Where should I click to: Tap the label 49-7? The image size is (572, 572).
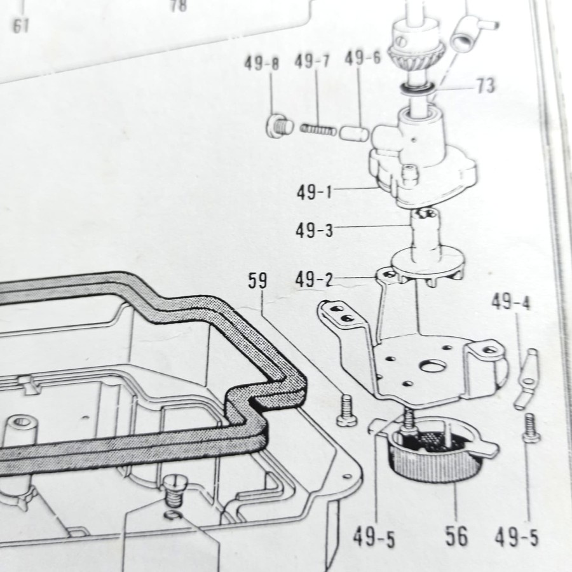[312, 62]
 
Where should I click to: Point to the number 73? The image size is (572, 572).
[485, 86]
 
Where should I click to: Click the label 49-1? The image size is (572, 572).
[315, 191]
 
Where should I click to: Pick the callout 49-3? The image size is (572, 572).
[314, 230]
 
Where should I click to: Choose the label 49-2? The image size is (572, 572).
[314, 279]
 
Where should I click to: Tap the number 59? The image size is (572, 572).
[257, 281]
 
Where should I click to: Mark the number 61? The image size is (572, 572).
[21, 27]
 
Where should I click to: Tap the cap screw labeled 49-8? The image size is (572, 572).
[278, 125]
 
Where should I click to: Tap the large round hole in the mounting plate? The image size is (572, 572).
[433, 365]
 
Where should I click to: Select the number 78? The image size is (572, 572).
[179, 6]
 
